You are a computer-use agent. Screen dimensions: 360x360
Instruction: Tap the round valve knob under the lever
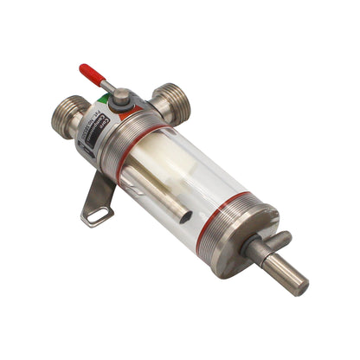coord(121,97)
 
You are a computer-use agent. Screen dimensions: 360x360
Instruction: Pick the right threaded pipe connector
coord(171,101)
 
